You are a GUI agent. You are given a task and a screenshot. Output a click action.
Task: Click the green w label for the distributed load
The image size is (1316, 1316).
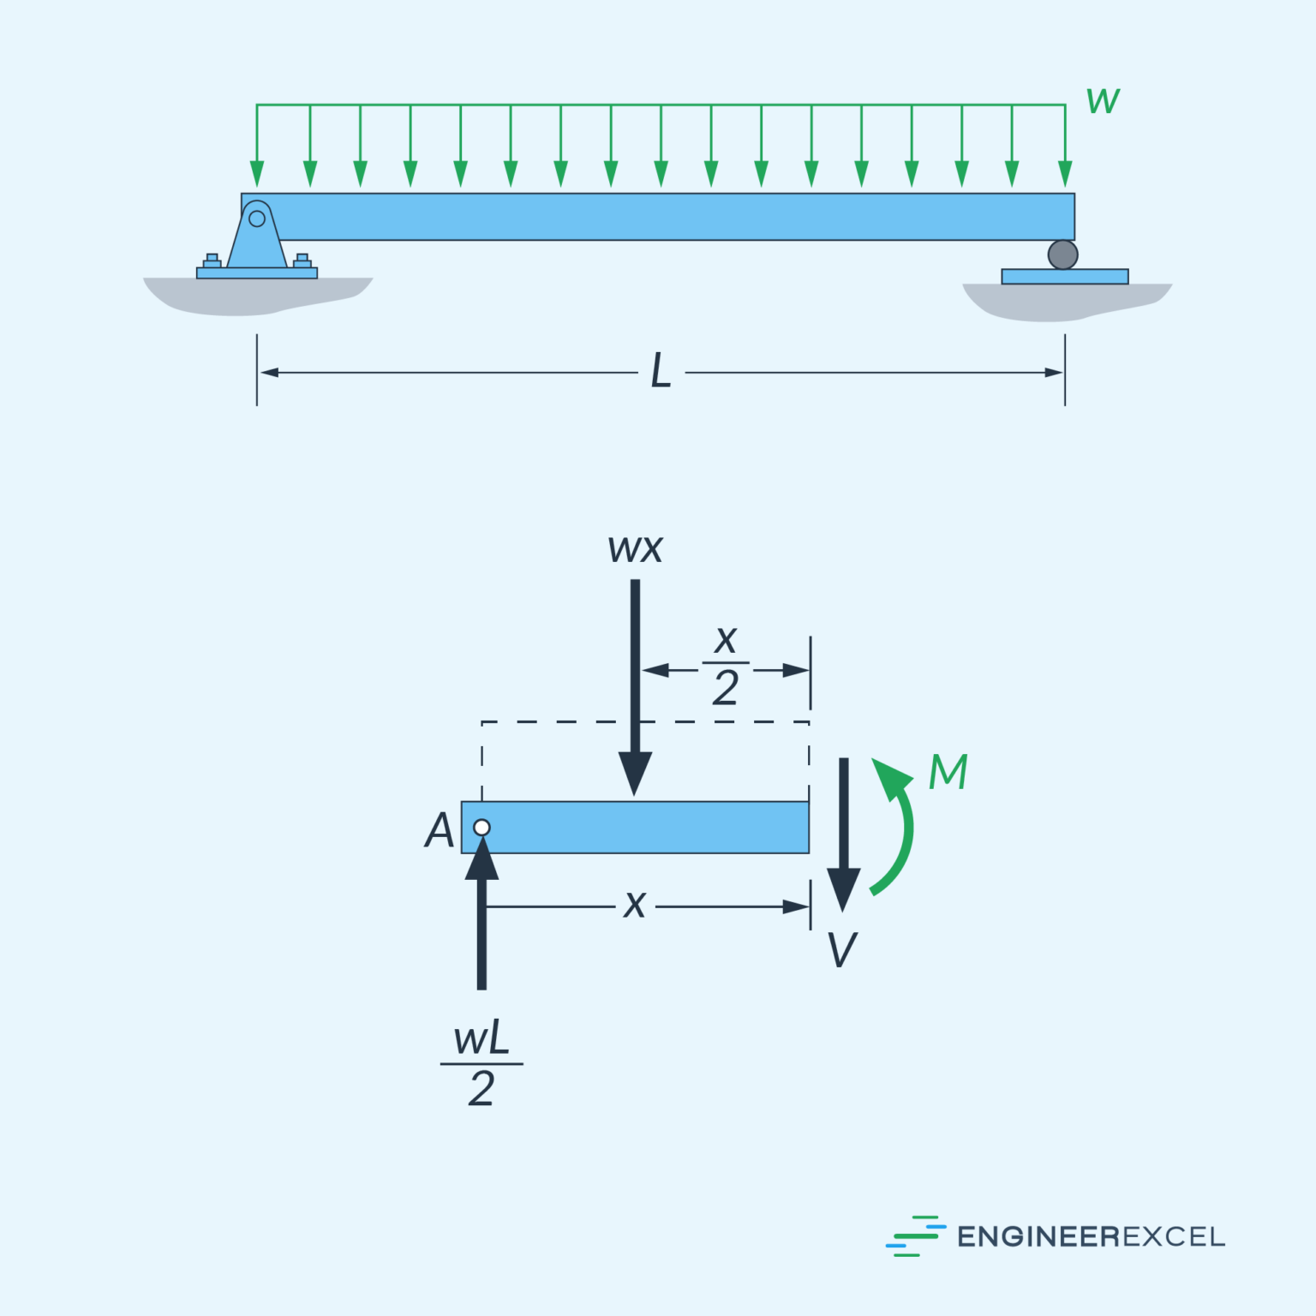click(1103, 101)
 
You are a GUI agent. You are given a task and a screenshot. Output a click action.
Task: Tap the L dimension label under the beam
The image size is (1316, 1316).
click(661, 372)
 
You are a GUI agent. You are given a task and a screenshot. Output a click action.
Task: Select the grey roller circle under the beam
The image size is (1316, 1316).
click(1062, 254)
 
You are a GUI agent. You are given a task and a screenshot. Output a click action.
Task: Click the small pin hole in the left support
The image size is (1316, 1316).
click(257, 218)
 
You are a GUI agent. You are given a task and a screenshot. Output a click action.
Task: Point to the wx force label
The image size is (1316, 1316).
click(635, 549)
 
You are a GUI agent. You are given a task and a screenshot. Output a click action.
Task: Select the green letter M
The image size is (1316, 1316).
click(948, 772)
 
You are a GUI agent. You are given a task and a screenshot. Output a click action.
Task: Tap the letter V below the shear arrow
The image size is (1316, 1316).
click(842, 950)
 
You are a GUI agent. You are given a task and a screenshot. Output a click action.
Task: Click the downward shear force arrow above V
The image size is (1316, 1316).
click(844, 831)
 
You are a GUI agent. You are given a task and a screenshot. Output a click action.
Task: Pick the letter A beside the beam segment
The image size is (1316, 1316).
click(440, 830)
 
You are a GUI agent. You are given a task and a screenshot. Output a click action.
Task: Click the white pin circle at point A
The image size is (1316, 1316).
click(482, 828)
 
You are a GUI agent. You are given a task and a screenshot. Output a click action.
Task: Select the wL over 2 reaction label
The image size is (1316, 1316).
click(482, 1064)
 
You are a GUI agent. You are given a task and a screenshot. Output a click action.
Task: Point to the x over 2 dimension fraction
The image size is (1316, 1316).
click(726, 665)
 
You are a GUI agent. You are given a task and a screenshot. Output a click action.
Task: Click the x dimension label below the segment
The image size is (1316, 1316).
click(635, 905)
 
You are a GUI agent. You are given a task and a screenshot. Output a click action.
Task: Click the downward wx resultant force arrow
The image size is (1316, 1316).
click(635, 685)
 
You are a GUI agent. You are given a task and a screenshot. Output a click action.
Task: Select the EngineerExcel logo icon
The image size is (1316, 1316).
click(914, 1235)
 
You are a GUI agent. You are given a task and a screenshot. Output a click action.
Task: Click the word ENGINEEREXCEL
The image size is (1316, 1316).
click(1091, 1236)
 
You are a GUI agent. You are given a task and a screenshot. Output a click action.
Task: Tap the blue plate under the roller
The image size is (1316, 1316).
click(1065, 277)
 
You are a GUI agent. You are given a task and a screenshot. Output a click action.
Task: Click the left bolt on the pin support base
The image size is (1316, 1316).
click(212, 260)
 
